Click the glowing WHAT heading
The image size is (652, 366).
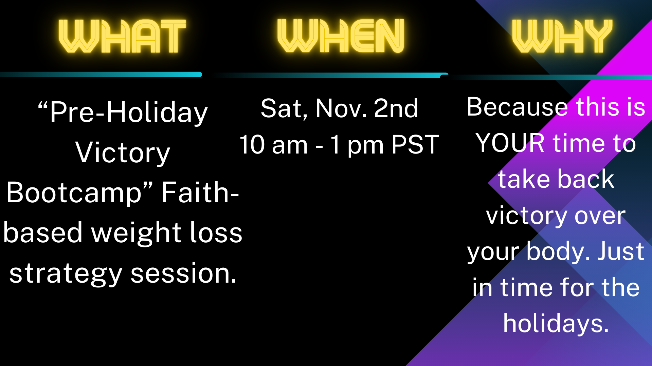tap(122, 36)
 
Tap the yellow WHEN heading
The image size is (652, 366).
tap(341, 36)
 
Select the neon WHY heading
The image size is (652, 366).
tap(562, 36)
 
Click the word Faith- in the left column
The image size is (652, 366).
tap(200, 192)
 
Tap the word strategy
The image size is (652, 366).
tap(66, 274)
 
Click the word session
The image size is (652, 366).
tap(184, 273)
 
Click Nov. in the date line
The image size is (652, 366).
tap(341, 108)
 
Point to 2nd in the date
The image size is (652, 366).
tap(396, 108)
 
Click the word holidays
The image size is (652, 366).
tap(556, 323)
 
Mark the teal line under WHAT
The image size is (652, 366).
tap(101, 75)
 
